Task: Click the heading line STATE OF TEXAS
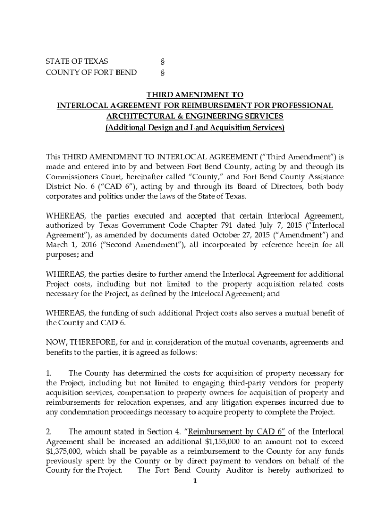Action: (76, 61)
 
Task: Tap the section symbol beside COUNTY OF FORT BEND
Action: (163, 72)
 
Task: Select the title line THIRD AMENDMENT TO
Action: (194, 95)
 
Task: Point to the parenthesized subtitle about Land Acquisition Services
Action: (194, 127)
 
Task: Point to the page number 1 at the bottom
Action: (194, 481)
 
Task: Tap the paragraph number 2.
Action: (49, 431)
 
